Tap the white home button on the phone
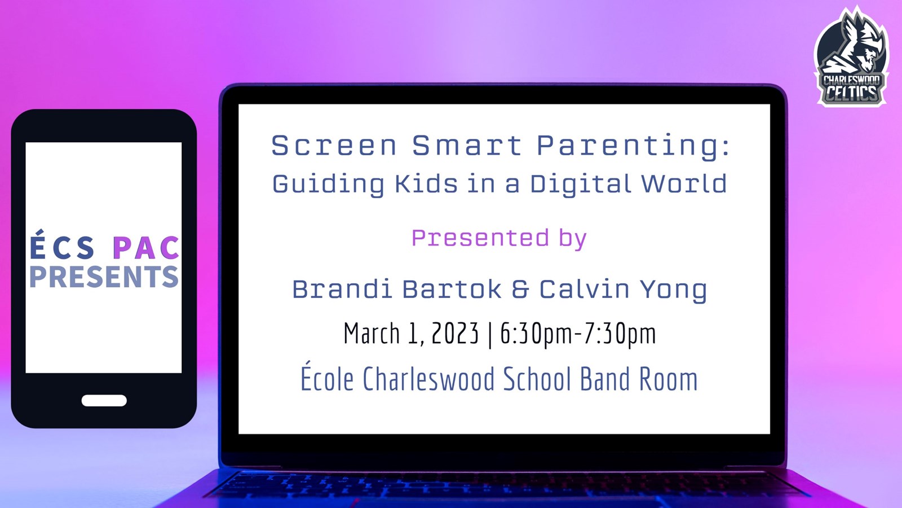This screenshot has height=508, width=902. [x=104, y=400]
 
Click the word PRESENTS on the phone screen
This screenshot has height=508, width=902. [x=104, y=277]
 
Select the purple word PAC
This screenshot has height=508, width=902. [x=146, y=247]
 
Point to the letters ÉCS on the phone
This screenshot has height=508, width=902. [x=62, y=244]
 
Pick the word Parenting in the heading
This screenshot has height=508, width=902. [x=633, y=146]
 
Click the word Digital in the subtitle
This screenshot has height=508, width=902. [x=580, y=184]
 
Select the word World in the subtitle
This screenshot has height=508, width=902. [x=684, y=183]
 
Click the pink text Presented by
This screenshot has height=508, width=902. [x=499, y=238]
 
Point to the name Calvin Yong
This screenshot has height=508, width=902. [x=623, y=290]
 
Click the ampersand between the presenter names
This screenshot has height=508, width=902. [x=520, y=290]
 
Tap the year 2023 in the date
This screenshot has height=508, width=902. [x=455, y=333]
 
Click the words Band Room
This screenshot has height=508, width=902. [x=639, y=379]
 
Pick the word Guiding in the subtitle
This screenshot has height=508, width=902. [x=328, y=184]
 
